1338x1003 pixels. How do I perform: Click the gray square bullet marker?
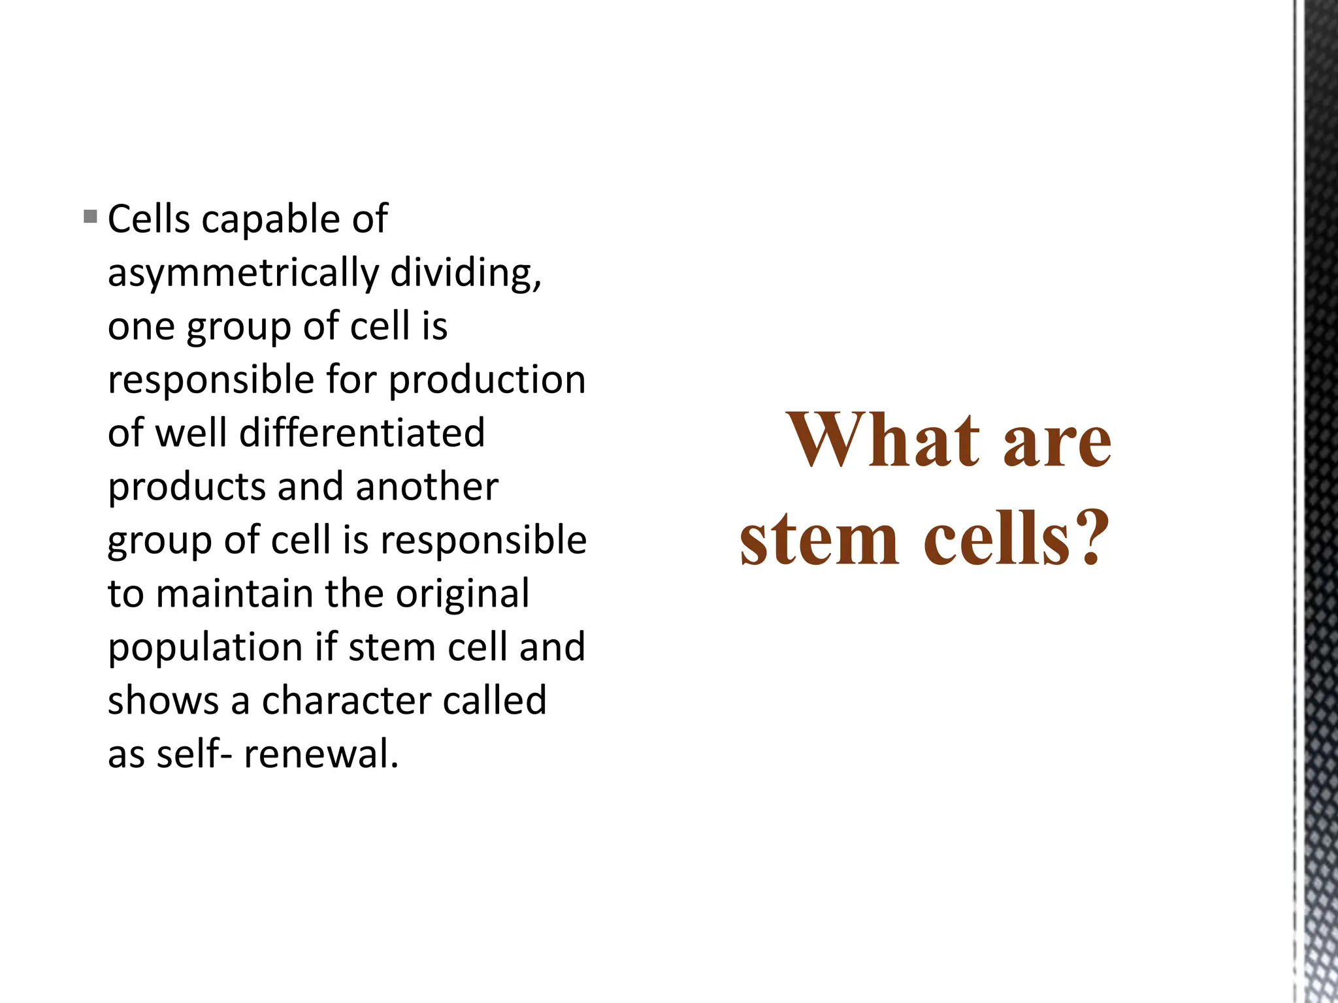click(x=91, y=216)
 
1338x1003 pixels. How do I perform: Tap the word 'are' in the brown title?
click(x=1056, y=443)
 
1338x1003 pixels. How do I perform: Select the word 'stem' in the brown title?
click(x=819, y=539)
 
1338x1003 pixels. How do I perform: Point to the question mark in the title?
click(x=1089, y=537)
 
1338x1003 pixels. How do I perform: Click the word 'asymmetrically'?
click(x=243, y=274)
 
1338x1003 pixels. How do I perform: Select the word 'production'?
click(x=487, y=380)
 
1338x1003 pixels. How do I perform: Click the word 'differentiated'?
click(x=362, y=433)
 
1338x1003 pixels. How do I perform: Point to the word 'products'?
click(x=187, y=488)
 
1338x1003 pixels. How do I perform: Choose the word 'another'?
click(x=427, y=487)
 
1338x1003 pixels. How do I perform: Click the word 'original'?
click(x=462, y=596)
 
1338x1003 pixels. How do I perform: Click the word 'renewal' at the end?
click(x=319, y=755)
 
